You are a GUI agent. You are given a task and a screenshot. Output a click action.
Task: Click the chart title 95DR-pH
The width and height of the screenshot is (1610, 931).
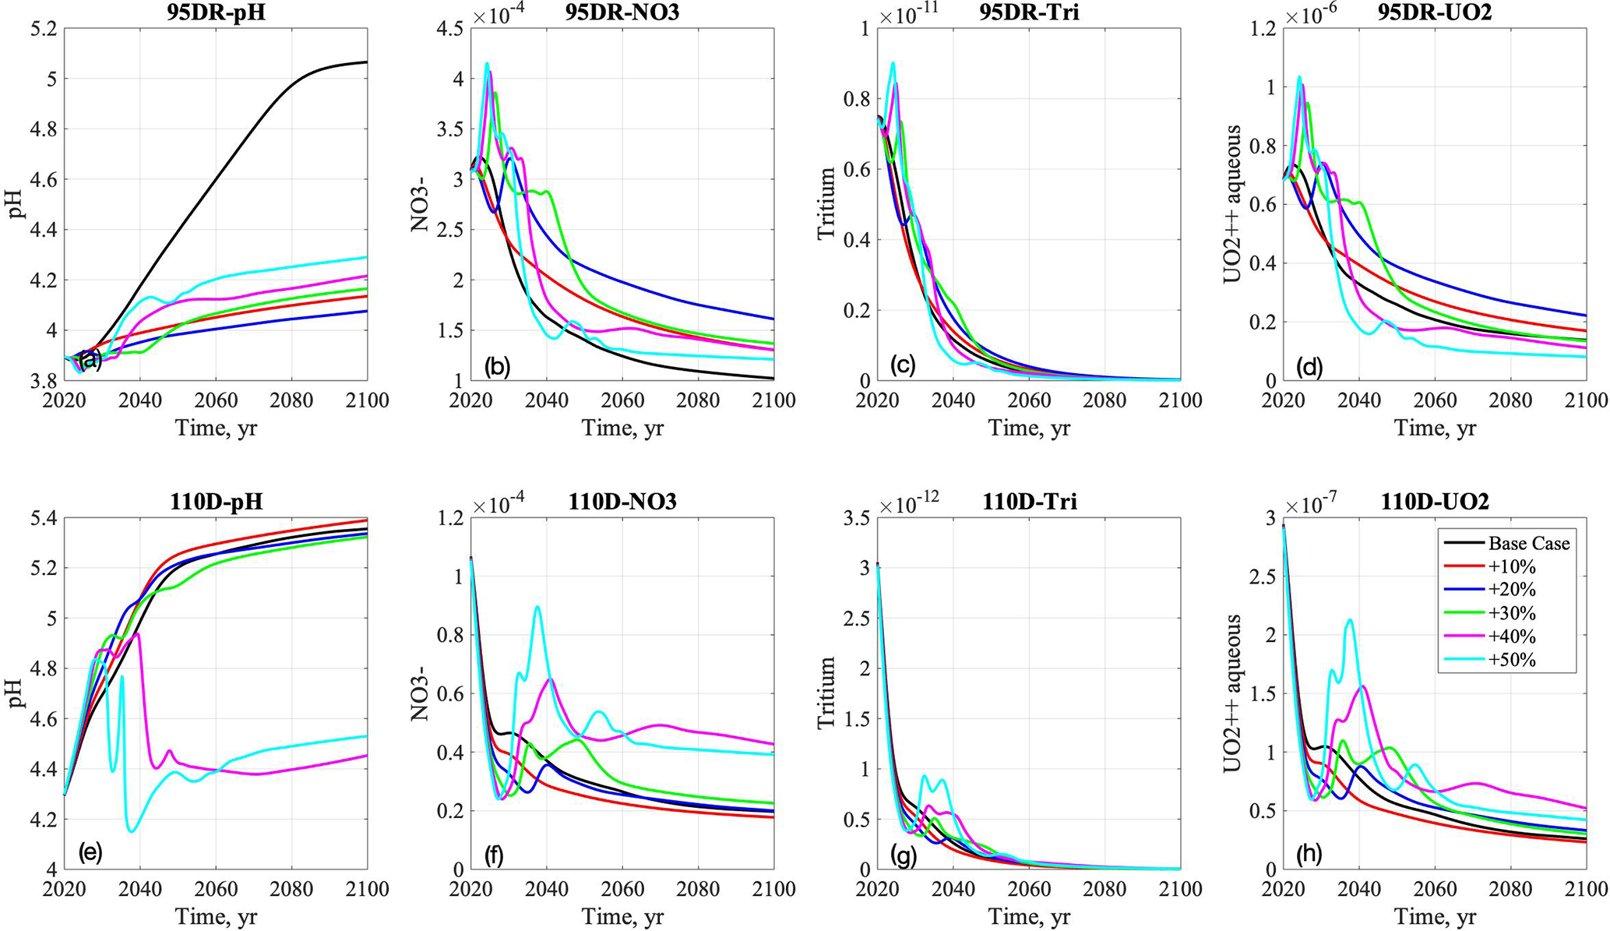tap(216, 13)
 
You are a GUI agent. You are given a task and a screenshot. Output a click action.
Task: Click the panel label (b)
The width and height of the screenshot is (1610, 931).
tap(497, 365)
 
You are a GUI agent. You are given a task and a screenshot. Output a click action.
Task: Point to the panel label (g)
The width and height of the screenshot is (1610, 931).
tap(904, 855)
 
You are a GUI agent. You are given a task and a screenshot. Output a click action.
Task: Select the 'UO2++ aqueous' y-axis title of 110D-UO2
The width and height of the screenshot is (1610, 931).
tap(1232, 693)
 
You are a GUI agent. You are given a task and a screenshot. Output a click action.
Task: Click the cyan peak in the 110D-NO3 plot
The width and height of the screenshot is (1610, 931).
tap(537, 607)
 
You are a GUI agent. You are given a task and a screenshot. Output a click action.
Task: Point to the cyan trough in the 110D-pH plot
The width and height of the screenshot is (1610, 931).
tap(131, 830)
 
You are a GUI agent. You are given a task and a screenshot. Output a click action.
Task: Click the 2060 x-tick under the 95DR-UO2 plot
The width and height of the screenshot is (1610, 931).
tap(1435, 401)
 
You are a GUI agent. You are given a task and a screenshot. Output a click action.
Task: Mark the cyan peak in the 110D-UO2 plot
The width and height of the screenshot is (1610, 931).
tap(1350, 620)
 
